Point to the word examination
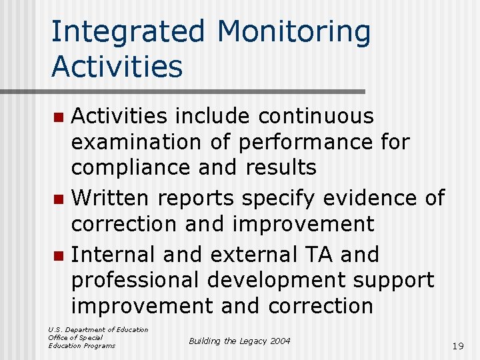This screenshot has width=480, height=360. pyautogui.click(x=136, y=142)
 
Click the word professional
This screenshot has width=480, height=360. pyautogui.click(x=134, y=281)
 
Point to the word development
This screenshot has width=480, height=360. pyautogui.click(x=278, y=281)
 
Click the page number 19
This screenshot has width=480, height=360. pyautogui.click(x=457, y=346)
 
